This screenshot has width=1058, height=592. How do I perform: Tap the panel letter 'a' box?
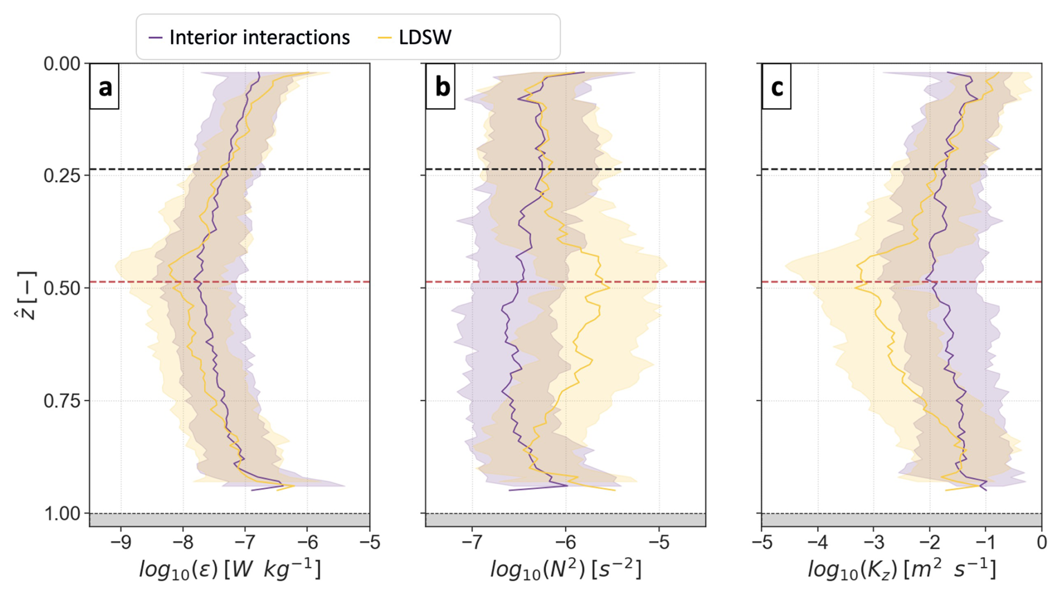tap(105, 87)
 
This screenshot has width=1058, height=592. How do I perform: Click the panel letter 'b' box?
tap(441, 87)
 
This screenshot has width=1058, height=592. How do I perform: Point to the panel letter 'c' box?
tap(777, 87)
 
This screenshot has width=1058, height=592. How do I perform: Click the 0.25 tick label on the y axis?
tap(62, 176)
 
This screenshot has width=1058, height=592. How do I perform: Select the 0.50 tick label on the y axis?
tap(62, 288)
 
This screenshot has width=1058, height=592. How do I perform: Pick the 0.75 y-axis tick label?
tap(62, 401)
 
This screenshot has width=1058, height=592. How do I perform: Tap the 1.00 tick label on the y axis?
tap(62, 514)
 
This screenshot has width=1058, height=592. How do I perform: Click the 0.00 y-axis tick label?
tap(62, 64)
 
